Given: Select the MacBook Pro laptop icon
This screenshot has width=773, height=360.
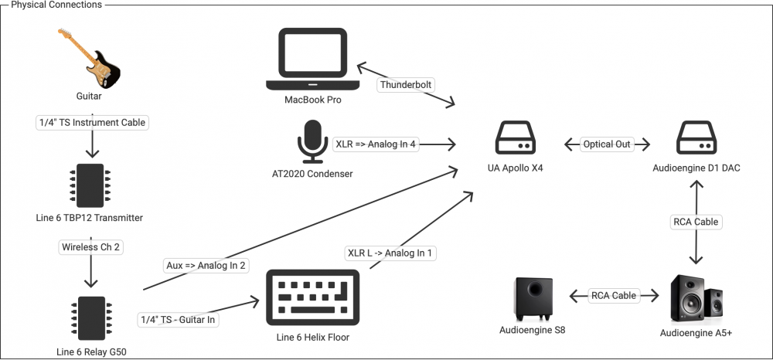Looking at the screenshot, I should (x=312, y=59).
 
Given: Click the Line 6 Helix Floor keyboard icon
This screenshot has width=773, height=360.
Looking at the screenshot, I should (x=312, y=298).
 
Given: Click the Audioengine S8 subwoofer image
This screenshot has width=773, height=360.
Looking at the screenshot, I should (x=533, y=297).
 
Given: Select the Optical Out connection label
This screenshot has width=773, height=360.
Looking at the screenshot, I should (x=607, y=144).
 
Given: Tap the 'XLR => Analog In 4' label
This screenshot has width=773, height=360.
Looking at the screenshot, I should (x=376, y=144).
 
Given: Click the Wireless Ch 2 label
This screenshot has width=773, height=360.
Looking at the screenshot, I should (x=91, y=248).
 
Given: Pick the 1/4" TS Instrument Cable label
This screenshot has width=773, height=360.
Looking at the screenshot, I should (x=91, y=122).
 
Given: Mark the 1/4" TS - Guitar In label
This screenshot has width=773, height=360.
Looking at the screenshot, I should (x=177, y=319).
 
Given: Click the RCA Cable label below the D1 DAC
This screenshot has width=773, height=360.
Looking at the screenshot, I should (x=695, y=222).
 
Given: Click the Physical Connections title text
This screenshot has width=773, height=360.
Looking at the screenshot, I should (x=56, y=5).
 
